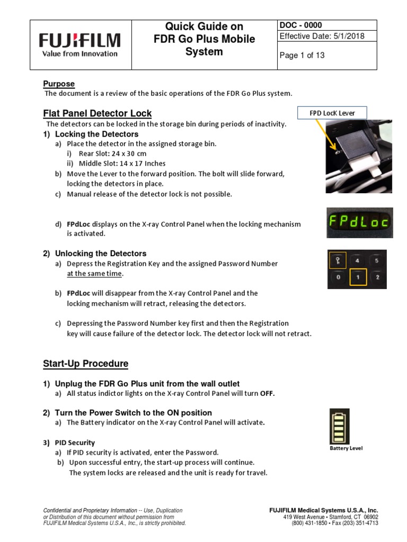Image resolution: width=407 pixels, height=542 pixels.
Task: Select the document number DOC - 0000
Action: tap(301, 25)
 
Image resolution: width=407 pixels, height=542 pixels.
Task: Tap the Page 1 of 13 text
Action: tap(302, 56)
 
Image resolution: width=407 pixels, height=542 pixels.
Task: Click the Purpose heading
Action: tap(58, 84)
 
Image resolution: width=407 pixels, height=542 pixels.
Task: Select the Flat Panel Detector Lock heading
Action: tap(97, 113)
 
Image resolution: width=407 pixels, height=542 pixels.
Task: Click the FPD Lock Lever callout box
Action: tap(332, 113)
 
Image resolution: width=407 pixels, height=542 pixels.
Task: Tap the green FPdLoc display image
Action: tap(359, 222)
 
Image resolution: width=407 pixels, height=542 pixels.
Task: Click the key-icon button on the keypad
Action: tap(337, 260)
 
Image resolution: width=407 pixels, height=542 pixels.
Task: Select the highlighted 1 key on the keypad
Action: tap(358, 277)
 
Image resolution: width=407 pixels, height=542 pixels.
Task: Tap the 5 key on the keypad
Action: tap(377, 260)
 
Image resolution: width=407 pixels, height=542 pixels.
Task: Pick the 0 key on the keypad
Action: tap(337, 277)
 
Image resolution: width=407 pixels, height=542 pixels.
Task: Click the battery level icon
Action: tap(337, 426)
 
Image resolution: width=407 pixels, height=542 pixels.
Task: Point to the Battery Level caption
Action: tap(346, 448)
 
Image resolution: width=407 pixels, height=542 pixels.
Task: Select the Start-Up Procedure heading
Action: tap(85, 364)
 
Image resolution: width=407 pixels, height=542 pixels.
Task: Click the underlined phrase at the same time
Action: tap(94, 273)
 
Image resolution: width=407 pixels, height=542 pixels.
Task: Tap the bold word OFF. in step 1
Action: tap(268, 394)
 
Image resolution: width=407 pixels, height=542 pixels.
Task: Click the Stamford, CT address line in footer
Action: tap(331, 517)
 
